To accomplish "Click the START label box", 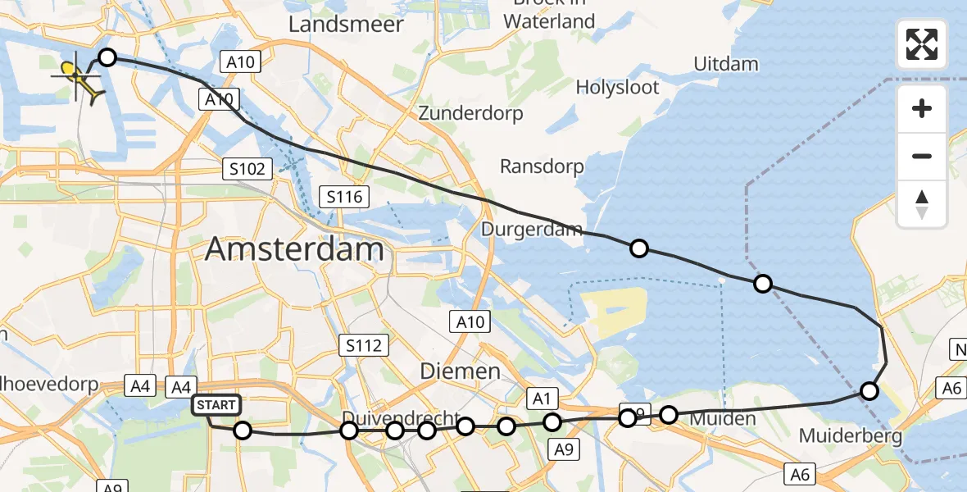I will (x=217, y=405).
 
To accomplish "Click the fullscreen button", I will (x=922, y=44).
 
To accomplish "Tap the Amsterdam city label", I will (x=294, y=249).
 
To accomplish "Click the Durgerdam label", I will (x=532, y=229).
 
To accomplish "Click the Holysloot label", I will (x=617, y=87).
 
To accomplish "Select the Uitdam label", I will (x=725, y=64).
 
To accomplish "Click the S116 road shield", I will (x=343, y=197).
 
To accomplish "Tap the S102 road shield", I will (x=247, y=169).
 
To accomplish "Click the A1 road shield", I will (x=541, y=399).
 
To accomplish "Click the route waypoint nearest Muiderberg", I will (x=869, y=391).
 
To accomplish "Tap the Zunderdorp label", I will (x=470, y=113).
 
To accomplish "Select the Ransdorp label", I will (x=542, y=166).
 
